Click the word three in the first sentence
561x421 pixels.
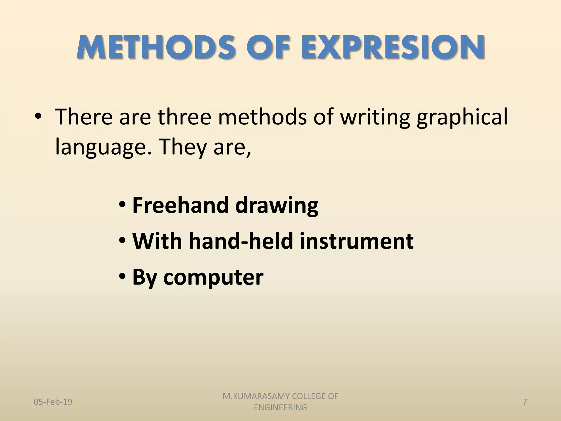point(184,117)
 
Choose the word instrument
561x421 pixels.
point(356,241)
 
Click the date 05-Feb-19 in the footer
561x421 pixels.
point(53,402)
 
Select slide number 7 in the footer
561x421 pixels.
point(525,402)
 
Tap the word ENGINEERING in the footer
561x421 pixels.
point(280,408)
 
